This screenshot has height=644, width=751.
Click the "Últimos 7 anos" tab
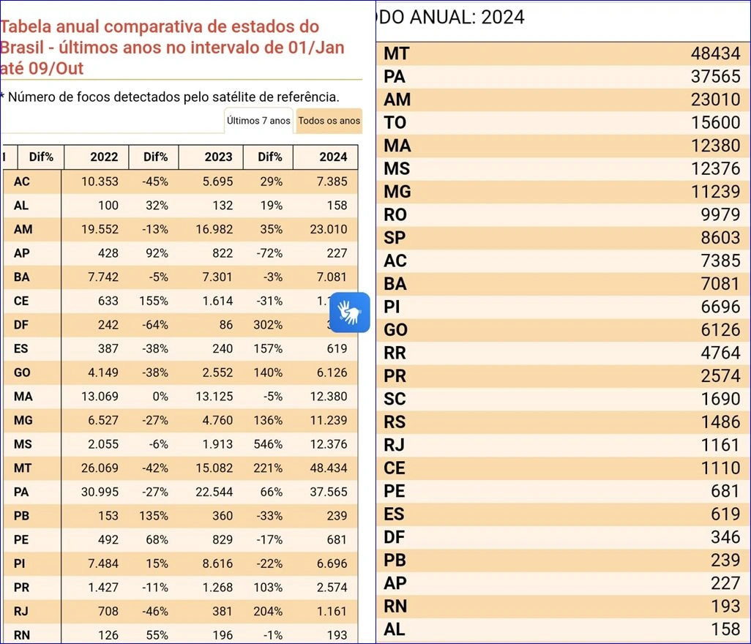[x=258, y=121]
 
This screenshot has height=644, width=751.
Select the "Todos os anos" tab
[x=329, y=121]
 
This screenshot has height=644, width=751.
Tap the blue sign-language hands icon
[x=349, y=312]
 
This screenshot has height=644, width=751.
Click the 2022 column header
[x=104, y=157]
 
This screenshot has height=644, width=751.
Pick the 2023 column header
[x=218, y=157]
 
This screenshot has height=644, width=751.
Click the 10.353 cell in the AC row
[x=100, y=181]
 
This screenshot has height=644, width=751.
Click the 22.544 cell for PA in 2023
[x=214, y=492]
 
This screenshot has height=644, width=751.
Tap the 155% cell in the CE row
[x=154, y=301]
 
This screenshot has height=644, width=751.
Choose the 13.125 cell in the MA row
[x=214, y=396]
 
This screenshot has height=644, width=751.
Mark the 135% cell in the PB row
[x=154, y=515]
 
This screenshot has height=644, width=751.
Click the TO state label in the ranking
[x=395, y=122]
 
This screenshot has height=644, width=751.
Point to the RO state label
[x=395, y=214]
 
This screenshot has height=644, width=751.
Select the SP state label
[x=395, y=238]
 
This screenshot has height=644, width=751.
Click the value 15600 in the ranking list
[x=715, y=122]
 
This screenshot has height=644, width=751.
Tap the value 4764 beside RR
[x=720, y=353]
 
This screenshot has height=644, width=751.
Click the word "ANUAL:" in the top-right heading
[x=438, y=18]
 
